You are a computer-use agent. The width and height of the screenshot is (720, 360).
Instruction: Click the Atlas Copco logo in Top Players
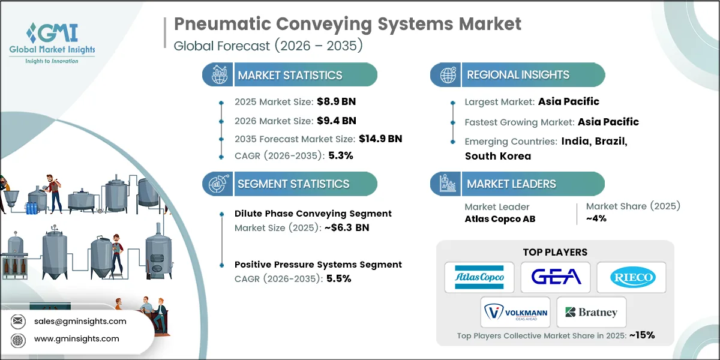(479, 277)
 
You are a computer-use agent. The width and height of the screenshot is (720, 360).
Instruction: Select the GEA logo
(555, 277)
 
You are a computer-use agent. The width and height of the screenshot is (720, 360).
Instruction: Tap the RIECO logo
(631, 277)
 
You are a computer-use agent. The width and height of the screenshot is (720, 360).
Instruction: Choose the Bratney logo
(591, 312)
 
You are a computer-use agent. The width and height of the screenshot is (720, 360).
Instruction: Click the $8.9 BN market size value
(332, 101)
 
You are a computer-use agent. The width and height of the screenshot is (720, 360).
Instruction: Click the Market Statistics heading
(290, 75)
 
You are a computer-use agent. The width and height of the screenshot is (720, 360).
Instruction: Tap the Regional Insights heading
(518, 75)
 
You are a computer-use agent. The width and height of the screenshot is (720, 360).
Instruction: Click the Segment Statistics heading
(293, 184)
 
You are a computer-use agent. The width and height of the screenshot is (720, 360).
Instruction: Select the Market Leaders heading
(511, 184)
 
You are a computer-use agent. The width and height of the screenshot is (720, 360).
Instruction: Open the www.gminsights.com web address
(77, 339)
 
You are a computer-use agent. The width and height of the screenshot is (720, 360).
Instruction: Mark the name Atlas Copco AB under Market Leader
(500, 219)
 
